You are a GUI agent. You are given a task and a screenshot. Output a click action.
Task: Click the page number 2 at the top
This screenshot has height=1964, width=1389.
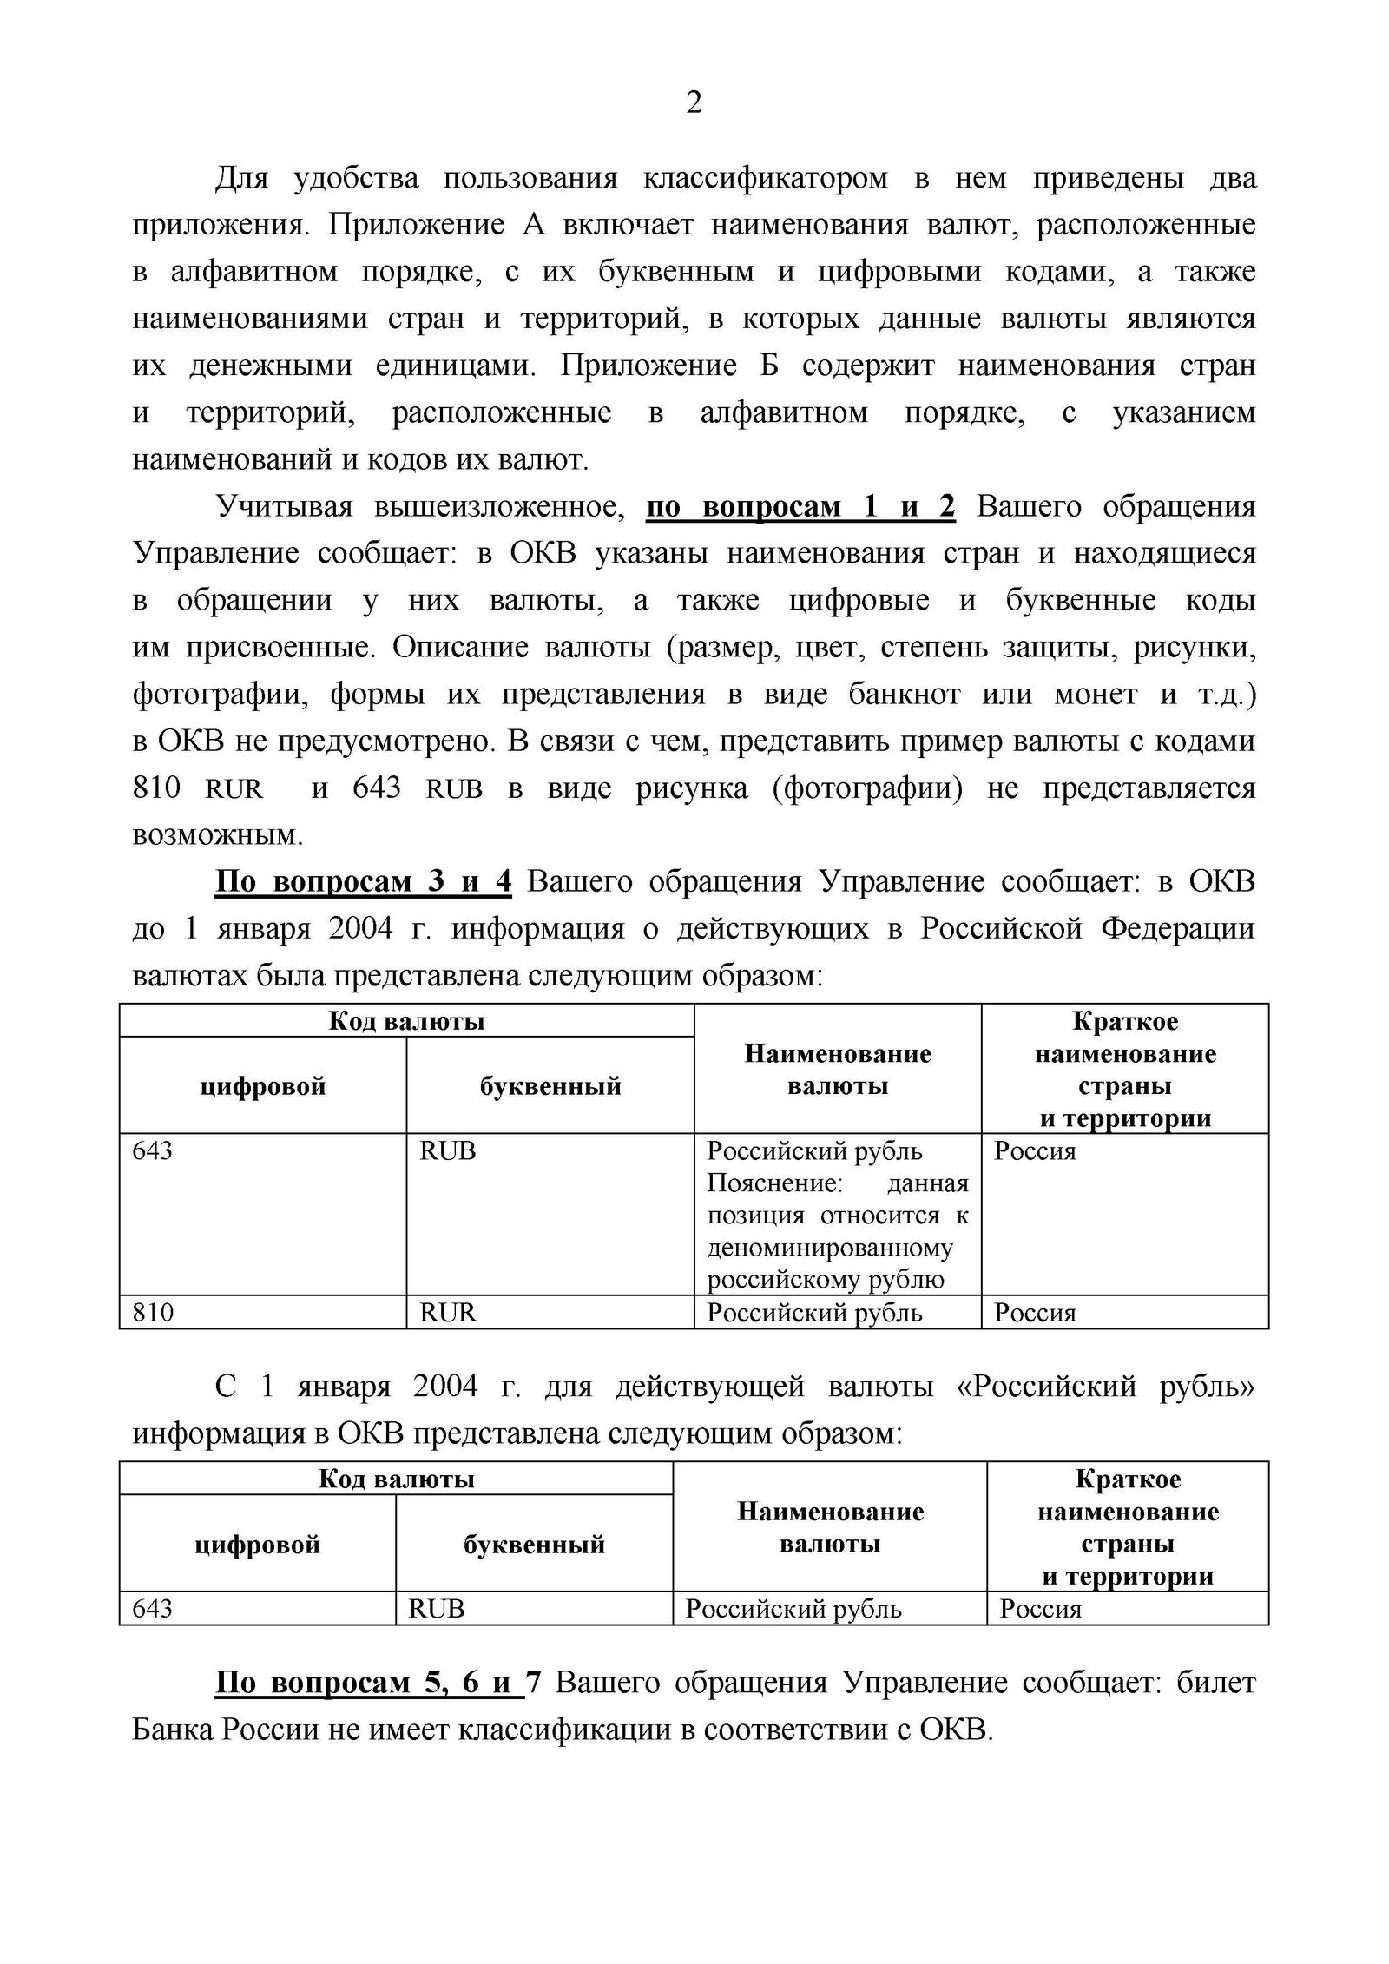point(694,103)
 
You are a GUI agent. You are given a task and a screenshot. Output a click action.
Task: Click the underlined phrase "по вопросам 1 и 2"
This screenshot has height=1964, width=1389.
point(800,507)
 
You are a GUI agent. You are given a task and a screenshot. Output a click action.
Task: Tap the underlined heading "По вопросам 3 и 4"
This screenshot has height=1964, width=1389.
point(363,882)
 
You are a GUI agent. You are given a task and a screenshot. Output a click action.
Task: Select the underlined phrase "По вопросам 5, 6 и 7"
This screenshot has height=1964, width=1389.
point(378,1684)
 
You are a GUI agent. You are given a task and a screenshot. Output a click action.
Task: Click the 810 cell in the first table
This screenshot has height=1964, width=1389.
point(153,1312)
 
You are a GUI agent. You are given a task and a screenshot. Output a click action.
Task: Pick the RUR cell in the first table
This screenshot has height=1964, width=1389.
point(448,1312)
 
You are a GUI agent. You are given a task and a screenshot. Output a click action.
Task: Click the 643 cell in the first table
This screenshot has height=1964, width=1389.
point(153,1151)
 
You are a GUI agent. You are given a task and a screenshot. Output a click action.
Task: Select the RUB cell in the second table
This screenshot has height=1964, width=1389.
point(437,1609)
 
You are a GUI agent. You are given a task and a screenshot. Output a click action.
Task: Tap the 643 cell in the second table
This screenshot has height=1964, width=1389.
point(153,1609)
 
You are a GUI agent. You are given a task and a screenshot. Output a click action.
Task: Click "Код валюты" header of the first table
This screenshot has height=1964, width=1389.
point(406,1020)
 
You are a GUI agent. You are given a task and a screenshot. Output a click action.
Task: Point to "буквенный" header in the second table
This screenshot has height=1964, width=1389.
point(534,1545)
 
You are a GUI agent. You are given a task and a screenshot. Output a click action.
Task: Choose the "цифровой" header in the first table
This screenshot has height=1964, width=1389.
point(262,1086)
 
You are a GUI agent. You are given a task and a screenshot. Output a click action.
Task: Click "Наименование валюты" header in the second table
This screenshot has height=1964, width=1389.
point(830,1528)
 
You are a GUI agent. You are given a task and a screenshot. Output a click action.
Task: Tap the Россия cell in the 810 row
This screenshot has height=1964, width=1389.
point(1035,1312)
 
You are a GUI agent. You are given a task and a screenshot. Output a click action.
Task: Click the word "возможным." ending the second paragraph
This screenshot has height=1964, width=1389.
point(218,835)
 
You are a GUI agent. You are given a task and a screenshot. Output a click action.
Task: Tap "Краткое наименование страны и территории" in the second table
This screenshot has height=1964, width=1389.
point(1128,1527)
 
